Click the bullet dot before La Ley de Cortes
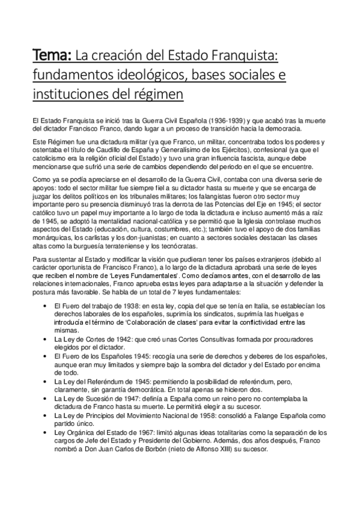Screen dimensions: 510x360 [47, 340]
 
